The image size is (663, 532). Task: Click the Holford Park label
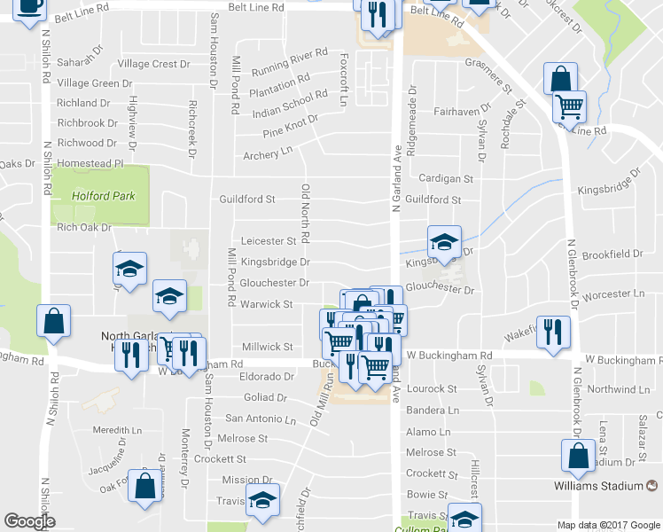(x=105, y=196)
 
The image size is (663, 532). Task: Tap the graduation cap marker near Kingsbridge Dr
(x=444, y=241)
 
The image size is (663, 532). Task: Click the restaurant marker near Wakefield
(x=553, y=332)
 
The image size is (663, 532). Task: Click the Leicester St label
(x=269, y=241)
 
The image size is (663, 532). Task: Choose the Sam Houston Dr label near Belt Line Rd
(x=213, y=50)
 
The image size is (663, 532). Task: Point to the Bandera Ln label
(x=433, y=411)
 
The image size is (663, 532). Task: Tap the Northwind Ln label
(x=623, y=389)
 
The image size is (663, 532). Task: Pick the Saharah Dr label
(x=80, y=62)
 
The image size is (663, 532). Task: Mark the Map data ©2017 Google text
(x=608, y=525)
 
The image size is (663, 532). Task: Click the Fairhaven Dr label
(x=463, y=113)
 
